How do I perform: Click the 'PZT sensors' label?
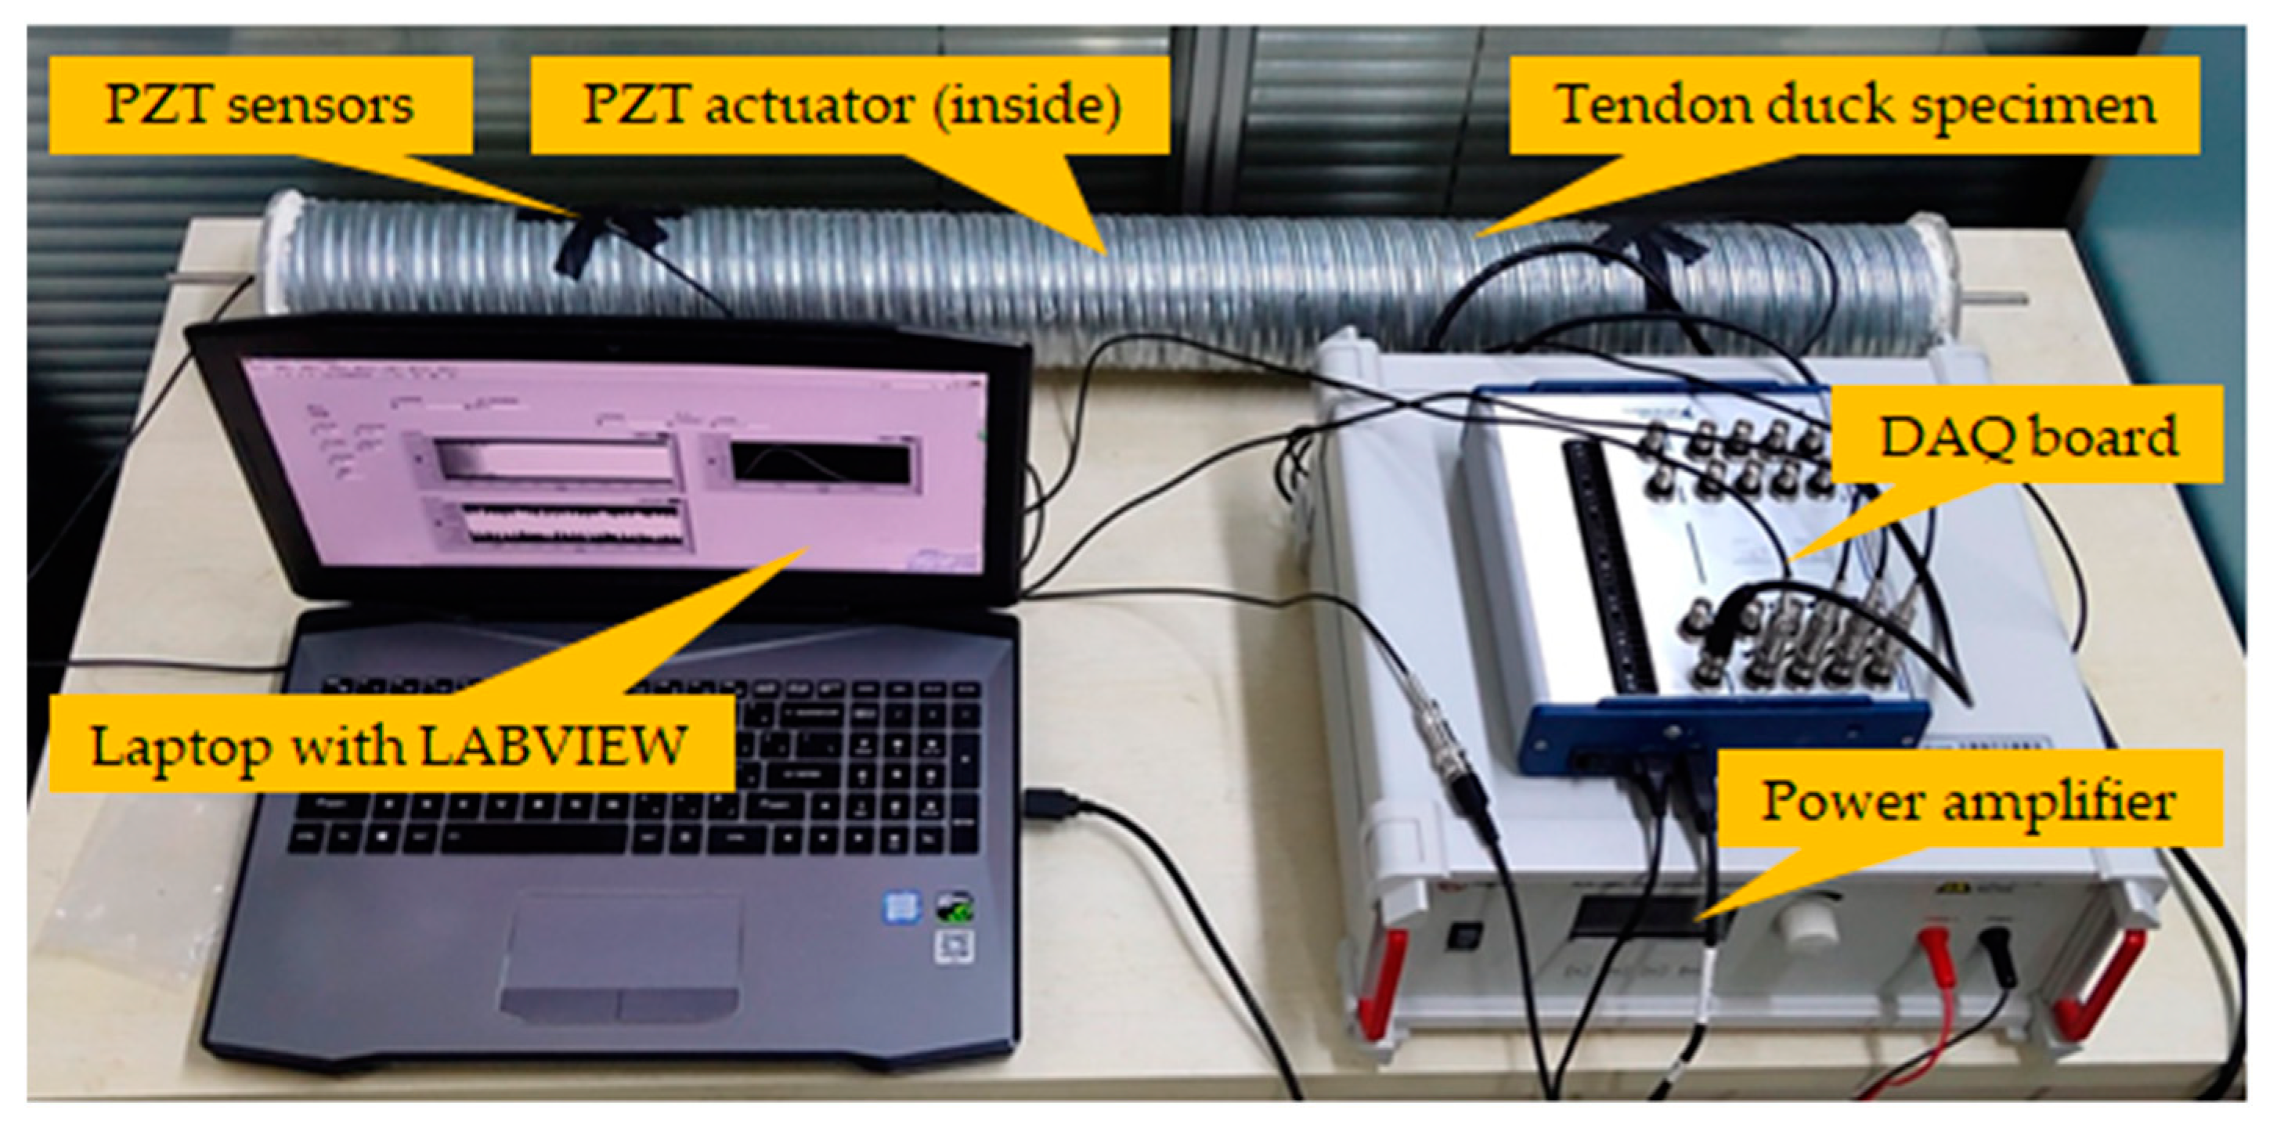click(x=260, y=106)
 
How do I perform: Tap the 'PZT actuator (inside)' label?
click(x=851, y=106)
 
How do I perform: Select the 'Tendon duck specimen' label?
click(x=1855, y=106)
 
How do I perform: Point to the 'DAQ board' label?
click(x=2026, y=437)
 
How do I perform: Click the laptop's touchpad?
click(x=621, y=956)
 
